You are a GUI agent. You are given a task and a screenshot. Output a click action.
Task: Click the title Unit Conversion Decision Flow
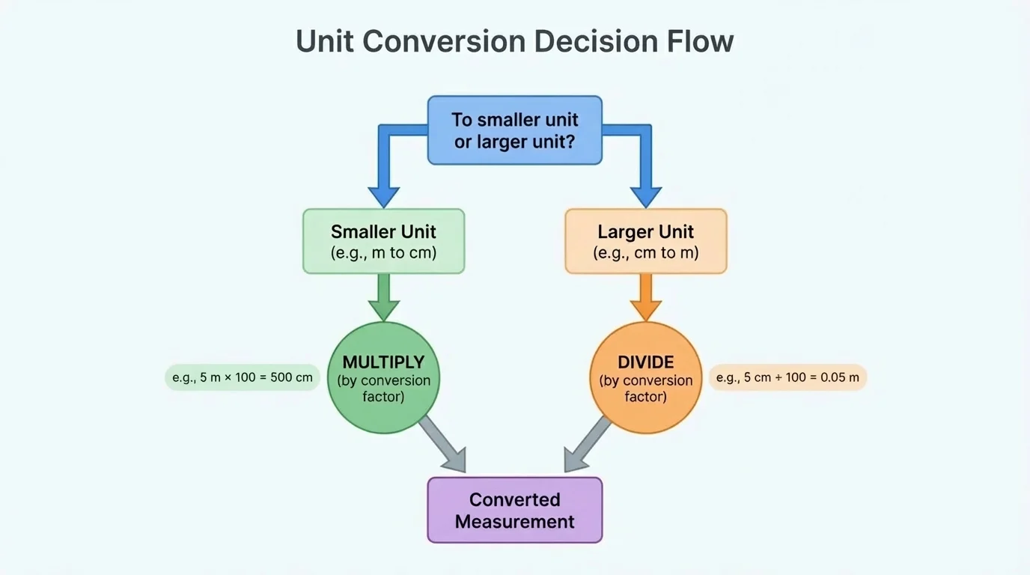point(515,41)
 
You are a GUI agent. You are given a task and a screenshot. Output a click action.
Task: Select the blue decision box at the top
point(515,130)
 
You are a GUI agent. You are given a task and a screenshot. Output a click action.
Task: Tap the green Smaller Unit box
point(383,241)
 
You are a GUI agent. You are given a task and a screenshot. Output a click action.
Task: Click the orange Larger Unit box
point(645,241)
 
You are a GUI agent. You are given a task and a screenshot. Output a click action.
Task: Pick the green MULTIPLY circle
point(383,378)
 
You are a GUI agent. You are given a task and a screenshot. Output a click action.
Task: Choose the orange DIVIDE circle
point(645,378)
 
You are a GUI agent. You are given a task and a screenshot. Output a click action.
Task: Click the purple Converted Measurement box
point(515,510)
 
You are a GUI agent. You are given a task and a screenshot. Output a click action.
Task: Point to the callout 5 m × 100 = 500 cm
point(243,377)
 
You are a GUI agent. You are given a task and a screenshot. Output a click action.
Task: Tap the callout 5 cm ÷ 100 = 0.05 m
point(787,377)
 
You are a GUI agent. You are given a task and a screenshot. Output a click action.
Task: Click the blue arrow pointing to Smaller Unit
point(384,172)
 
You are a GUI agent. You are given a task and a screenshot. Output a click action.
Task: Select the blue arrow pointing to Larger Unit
point(645,172)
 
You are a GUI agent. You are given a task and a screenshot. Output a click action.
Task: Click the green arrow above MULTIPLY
point(383,297)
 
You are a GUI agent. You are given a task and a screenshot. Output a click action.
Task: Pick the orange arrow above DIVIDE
point(645,297)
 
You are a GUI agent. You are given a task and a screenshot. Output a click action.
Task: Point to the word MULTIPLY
point(383,362)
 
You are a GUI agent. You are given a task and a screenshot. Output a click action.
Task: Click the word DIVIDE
point(645,362)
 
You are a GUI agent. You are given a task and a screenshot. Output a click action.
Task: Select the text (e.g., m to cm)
point(383,253)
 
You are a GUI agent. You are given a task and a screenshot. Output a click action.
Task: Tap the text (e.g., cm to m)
point(645,253)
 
